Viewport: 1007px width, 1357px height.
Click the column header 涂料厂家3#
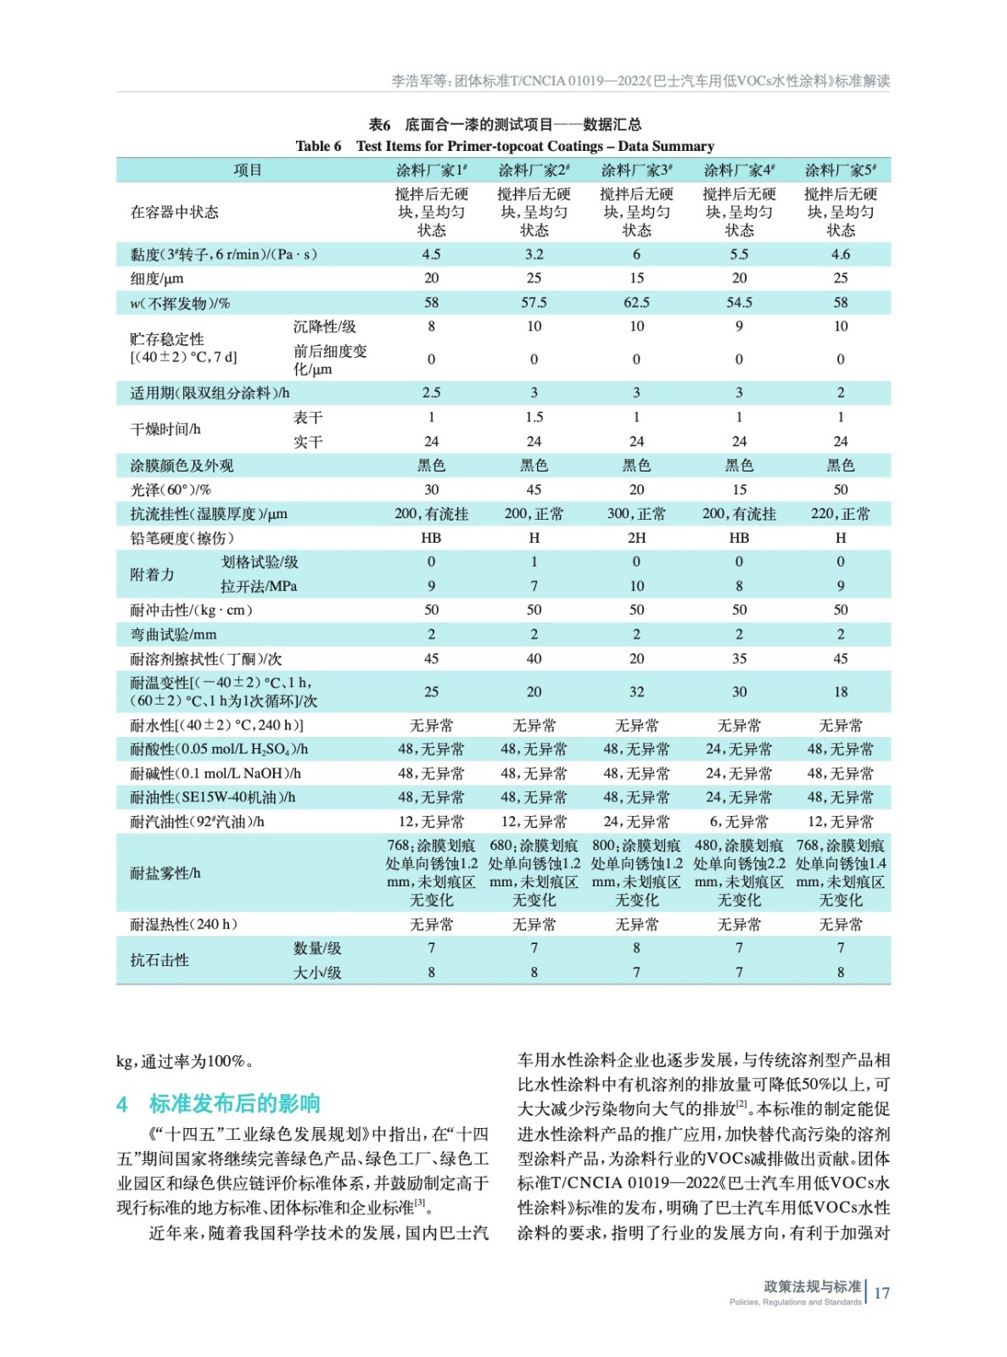tap(636, 170)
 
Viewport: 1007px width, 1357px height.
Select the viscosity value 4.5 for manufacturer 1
tap(431, 254)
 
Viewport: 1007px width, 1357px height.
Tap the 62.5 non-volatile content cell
tap(636, 303)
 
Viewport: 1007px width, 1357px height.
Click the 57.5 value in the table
tap(534, 303)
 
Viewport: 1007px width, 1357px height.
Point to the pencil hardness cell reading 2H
tap(636, 538)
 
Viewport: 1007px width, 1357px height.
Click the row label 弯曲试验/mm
tap(174, 634)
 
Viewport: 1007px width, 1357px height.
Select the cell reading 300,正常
tap(636, 514)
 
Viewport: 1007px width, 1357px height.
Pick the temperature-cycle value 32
tap(636, 692)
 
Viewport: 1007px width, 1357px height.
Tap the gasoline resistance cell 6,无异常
tap(739, 822)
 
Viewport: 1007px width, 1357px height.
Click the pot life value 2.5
tap(431, 393)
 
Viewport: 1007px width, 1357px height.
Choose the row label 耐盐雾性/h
tap(165, 873)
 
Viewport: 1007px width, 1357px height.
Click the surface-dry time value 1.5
tap(534, 417)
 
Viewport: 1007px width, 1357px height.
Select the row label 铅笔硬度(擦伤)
tap(182, 538)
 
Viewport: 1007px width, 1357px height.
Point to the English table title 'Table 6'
tap(318, 147)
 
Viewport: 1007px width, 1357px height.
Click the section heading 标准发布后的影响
tap(234, 1103)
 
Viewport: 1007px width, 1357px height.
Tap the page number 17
tap(881, 1293)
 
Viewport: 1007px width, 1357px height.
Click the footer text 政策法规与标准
tap(812, 1286)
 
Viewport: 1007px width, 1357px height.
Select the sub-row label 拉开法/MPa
tap(259, 586)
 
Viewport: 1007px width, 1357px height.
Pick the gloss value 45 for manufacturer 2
tap(534, 489)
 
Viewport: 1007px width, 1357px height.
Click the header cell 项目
tap(248, 170)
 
